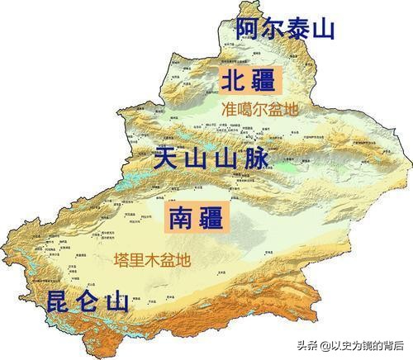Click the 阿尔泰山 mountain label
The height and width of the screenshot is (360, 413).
285,29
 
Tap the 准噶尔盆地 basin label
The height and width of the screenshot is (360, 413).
259,108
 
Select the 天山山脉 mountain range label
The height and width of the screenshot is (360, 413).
211,158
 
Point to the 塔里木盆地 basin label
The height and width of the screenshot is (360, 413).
152,259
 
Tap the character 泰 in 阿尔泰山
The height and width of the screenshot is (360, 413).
297,29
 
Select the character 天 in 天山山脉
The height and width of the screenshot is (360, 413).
167,158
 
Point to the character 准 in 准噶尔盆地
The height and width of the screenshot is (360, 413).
229,108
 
